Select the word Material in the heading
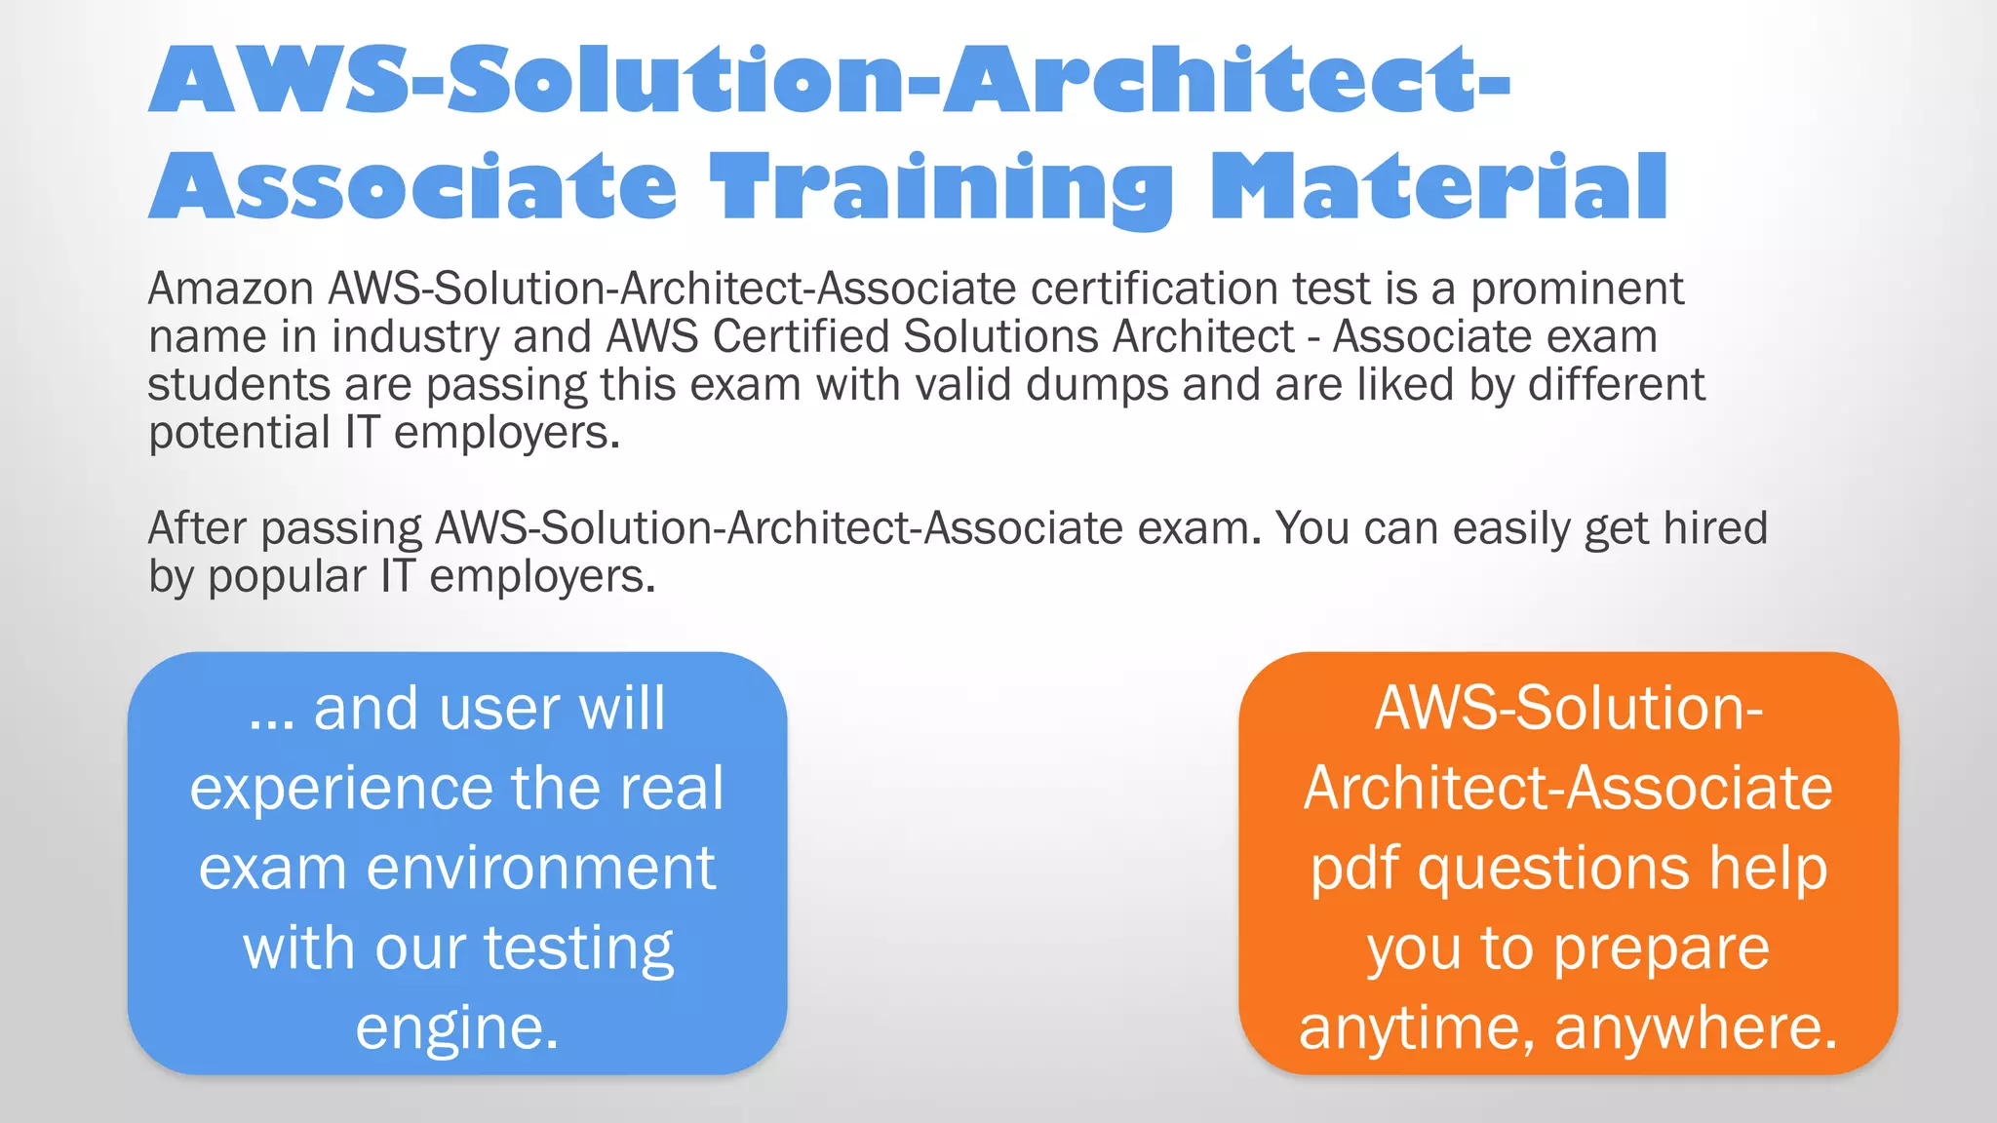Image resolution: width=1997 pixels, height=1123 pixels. click(x=1439, y=187)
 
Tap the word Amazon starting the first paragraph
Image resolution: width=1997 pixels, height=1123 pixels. click(x=231, y=289)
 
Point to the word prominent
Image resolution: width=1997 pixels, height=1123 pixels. click(x=1577, y=290)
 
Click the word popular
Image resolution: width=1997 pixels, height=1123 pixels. click(x=287, y=577)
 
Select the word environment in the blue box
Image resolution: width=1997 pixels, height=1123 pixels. click(x=541, y=868)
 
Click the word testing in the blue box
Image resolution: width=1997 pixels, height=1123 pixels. click(x=578, y=949)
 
